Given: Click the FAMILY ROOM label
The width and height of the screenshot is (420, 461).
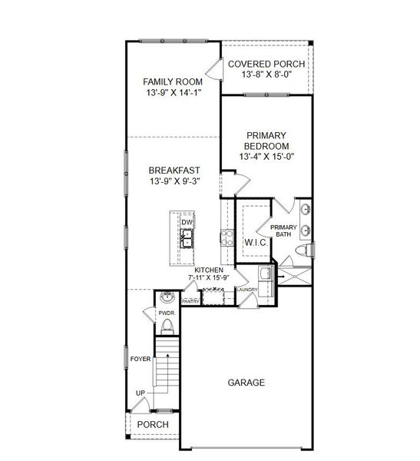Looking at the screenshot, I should pos(174,81).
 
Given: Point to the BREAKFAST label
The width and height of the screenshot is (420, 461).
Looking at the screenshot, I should pos(174,170).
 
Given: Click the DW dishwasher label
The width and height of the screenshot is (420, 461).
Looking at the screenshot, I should pos(187,223).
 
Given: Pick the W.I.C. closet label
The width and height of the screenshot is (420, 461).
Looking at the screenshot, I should pos(255,243).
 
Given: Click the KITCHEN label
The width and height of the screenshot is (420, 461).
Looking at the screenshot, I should pos(209,270).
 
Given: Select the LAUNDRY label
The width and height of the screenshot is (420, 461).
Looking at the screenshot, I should pos(247,290).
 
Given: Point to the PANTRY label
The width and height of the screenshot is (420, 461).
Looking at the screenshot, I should pos(190,301).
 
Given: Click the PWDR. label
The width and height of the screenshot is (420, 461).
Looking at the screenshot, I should pos(166,313).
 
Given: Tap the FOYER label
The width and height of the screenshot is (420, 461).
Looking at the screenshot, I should pos(140,358).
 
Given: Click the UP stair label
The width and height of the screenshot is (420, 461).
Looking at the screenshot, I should pos(141,393).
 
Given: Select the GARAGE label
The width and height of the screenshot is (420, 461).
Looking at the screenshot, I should pos(246,382).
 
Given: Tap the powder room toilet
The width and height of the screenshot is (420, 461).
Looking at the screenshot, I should pos(167,329).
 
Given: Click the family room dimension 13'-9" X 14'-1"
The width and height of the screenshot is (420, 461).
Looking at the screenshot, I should pos(174,94).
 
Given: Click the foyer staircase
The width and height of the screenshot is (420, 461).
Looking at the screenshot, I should pos(167,376).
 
